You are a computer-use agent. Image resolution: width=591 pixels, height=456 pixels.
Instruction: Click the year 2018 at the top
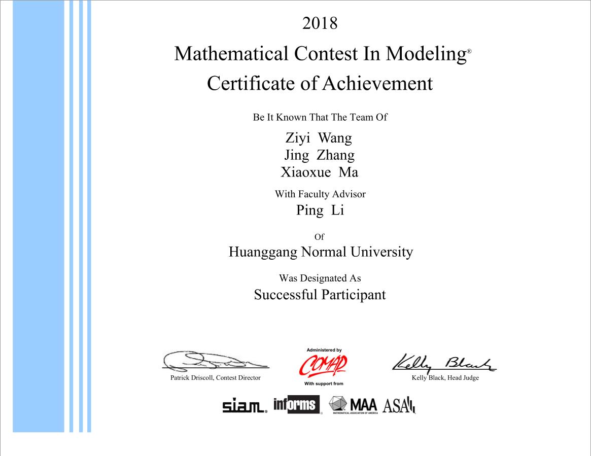pos(320,23)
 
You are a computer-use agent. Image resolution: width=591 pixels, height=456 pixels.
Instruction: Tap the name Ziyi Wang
pos(319,138)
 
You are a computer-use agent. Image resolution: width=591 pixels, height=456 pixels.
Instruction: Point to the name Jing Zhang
pos(319,155)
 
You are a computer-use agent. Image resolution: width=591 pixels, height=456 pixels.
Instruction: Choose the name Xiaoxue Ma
pos(319,172)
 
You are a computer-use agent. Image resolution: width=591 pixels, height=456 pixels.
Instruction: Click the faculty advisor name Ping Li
pos(320,211)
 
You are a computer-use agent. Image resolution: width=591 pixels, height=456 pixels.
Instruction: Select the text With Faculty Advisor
pos(320,194)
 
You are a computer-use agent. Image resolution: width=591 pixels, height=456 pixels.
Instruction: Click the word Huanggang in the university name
pos(263,252)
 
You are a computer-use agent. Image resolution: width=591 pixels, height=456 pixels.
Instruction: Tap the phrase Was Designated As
pos(320,278)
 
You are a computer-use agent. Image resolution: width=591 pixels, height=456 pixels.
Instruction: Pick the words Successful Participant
pos(320,295)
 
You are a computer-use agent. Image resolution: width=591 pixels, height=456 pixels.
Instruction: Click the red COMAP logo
pos(323,365)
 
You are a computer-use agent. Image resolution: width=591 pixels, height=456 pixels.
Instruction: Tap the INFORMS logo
pos(297,405)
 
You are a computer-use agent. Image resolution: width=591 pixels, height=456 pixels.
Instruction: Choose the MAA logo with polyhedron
pos(353,405)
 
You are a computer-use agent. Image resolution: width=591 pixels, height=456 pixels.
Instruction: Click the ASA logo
pos(399,406)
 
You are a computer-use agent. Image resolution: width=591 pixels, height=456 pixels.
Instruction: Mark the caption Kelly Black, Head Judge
pos(445,378)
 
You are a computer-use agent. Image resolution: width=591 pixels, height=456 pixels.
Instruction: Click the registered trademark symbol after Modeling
pos(469,52)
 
